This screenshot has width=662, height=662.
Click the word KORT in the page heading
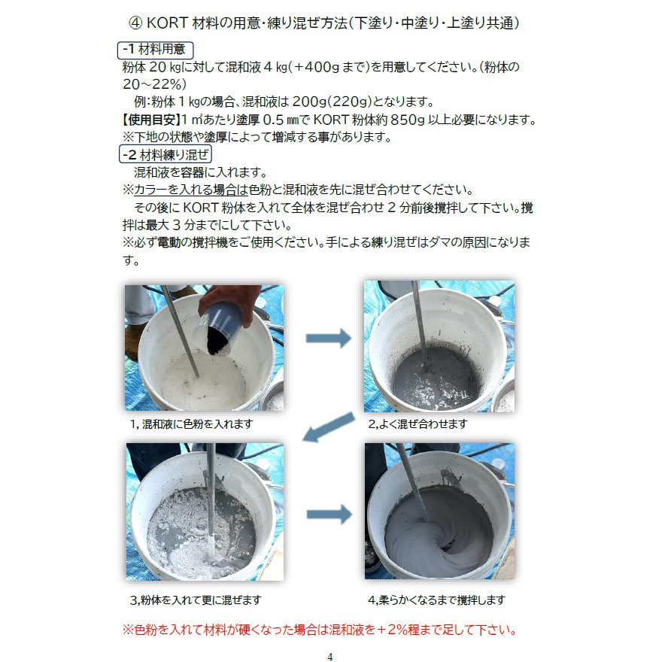pos(167,23)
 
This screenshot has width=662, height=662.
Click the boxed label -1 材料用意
pos(156,50)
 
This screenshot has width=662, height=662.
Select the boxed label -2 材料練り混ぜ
pos(165,154)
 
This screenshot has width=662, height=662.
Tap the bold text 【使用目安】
pos(151,120)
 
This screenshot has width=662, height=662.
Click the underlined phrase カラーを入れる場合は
pos(191,190)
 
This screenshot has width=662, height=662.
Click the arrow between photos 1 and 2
pos(329,338)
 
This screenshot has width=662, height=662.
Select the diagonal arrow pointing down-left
pos(329,427)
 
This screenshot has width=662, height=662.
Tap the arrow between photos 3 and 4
pos(329,515)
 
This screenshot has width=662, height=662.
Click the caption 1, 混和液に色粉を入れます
pos(191,424)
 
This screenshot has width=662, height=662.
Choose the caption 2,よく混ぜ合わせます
pos(418,424)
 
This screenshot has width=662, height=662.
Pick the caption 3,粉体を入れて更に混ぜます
pos(196,600)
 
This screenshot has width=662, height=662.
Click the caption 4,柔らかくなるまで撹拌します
pos(436,600)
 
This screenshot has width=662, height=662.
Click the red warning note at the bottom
pos(320,630)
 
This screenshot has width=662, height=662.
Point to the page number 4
pos(330,657)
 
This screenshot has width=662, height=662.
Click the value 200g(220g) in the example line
pos(332,102)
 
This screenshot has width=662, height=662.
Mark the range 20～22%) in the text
pos(154,84)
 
